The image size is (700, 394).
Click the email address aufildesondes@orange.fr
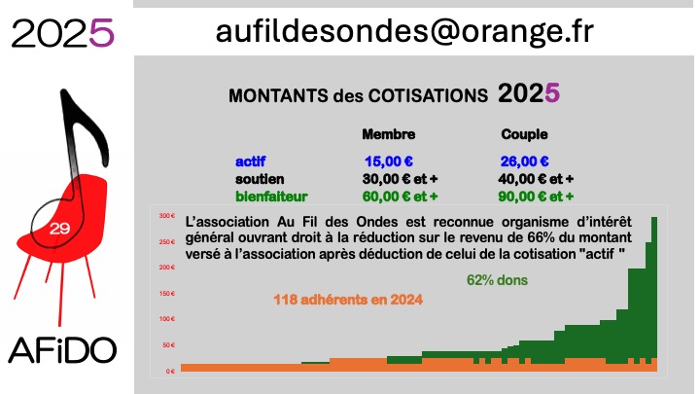click(404, 32)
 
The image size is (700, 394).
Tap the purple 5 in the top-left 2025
click(102, 33)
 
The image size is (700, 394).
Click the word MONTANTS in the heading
click(278, 96)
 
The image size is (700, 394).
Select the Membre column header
click(388, 134)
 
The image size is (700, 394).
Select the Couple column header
click(524, 134)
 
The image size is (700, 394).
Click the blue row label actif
click(251, 161)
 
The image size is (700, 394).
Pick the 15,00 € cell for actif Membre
click(388, 161)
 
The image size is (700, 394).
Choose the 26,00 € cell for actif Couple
click(524, 161)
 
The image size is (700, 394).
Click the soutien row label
click(260, 179)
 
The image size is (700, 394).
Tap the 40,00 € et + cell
click(536, 179)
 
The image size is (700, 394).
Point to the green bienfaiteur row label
click(271, 197)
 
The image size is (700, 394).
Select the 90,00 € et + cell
click(536, 197)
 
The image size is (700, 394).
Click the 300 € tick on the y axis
click(167, 216)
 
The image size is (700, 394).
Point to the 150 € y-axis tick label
click(167, 294)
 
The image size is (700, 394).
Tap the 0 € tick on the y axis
click(170, 372)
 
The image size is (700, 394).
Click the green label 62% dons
click(497, 280)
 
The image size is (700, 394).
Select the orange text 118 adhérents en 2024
click(348, 300)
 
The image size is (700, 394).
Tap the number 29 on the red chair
click(60, 229)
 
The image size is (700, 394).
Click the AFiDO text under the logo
click(62, 350)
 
